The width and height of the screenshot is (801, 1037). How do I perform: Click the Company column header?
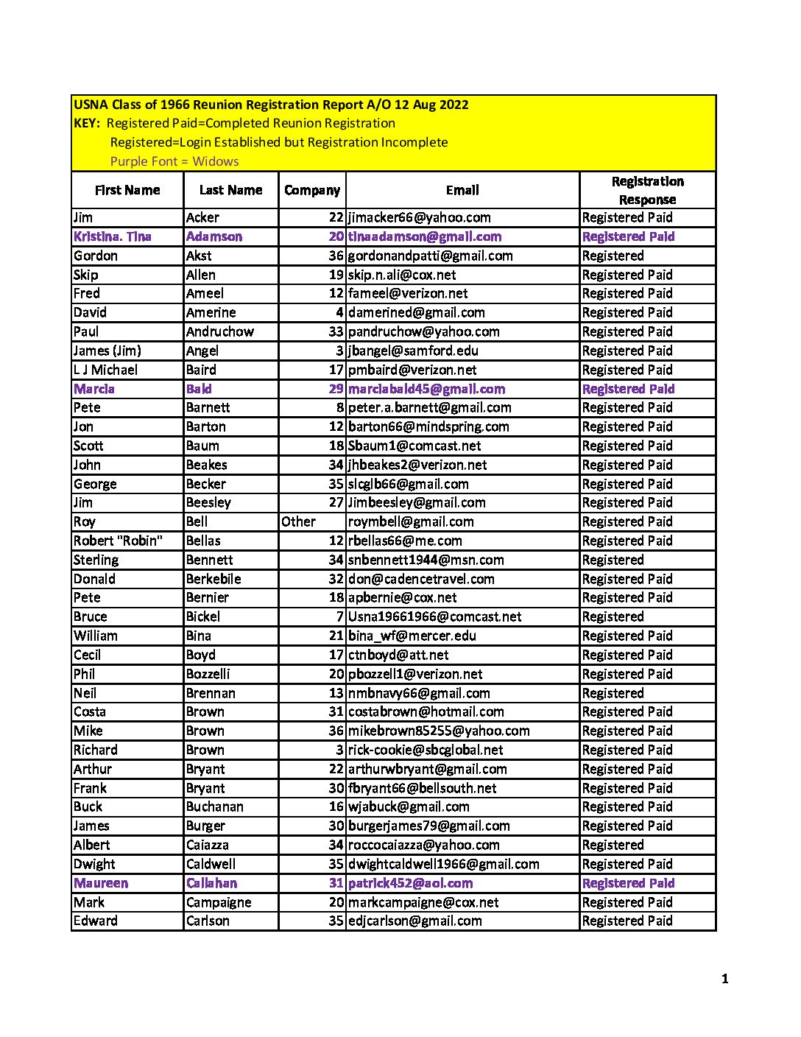[x=312, y=190]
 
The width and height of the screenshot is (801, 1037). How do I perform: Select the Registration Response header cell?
[x=647, y=190]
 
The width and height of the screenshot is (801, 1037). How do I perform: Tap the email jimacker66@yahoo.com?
[x=419, y=217]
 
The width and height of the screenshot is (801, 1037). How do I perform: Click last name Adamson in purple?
[x=214, y=236]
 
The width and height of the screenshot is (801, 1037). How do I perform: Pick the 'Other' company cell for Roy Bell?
[x=298, y=521]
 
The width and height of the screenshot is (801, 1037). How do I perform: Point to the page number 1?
[x=725, y=979]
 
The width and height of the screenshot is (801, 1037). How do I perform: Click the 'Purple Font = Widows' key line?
[x=174, y=161]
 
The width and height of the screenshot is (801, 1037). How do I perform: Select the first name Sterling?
[x=96, y=560]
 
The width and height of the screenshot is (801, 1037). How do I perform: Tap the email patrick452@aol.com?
[x=410, y=883]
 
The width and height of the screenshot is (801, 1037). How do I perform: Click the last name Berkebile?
[x=214, y=579]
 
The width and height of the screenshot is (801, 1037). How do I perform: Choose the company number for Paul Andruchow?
[x=336, y=331]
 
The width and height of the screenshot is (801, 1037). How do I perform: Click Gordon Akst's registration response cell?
[x=613, y=256]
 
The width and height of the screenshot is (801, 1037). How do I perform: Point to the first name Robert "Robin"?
[x=118, y=541]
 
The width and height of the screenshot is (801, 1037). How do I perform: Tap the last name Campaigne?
[x=219, y=902]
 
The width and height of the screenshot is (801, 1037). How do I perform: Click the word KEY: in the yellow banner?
[x=87, y=123]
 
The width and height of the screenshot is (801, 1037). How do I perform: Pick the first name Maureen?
[x=101, y=883]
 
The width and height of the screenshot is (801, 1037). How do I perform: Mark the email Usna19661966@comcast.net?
[x=434, y=616]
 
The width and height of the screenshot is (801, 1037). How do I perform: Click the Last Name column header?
[x=230, y=190]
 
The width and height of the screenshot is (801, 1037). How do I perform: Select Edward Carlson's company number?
[x=336, y=921]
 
